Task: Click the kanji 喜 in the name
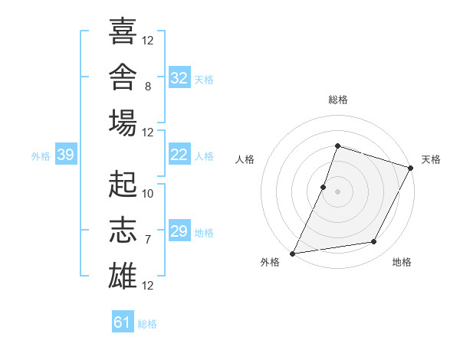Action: point(123,31)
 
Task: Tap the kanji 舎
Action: point(123,77)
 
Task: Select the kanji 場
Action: point(123,123)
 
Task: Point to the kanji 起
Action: point(123,184)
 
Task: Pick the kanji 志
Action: point(123,230)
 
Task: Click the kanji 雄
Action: point(123,276)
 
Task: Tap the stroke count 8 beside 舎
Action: point(148,87)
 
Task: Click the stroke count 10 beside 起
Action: point(147,194)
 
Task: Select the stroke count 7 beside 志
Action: point(148,240)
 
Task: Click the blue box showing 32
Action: point(179,77)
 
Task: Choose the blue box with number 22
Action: point(179,154)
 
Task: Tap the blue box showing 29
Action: point(179,230)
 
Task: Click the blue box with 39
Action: point(66,154)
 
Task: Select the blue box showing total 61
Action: point(123,321)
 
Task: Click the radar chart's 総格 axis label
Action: point(338,100)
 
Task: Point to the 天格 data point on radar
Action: point(411,168)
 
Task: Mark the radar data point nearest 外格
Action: point(293,254)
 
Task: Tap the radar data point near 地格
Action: point(374,241)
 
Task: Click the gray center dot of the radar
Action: point(337,191)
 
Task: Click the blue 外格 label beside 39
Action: point(41,156)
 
